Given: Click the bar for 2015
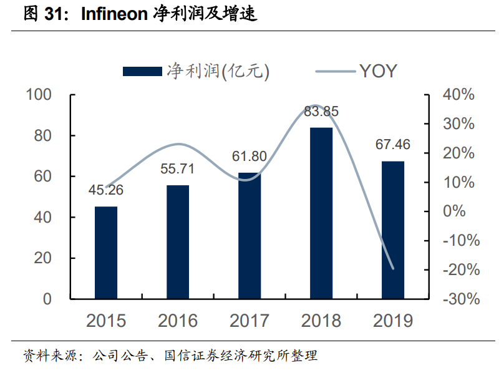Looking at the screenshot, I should [106, 253].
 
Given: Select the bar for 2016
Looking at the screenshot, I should [178, 242].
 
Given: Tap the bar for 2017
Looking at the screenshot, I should [250, 236].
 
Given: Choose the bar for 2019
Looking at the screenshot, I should [393, 230].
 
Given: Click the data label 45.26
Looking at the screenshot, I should [106, 190].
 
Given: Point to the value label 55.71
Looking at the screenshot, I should [178, 168].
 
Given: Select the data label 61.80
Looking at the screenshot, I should [250, 156].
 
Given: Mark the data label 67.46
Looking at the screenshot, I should [393, 145].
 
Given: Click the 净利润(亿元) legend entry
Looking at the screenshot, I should [196, 71].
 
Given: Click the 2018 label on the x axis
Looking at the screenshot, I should [321, 321].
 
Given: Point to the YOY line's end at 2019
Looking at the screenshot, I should [393, 269].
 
